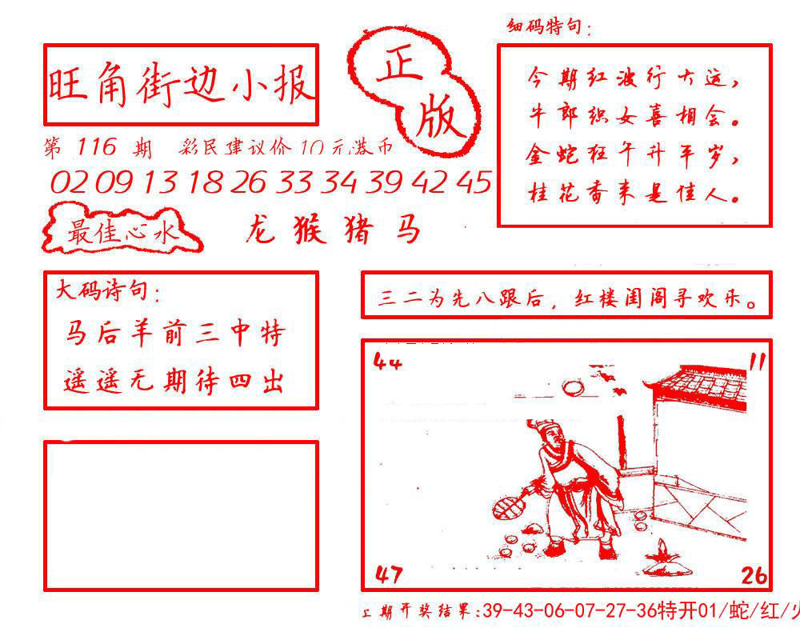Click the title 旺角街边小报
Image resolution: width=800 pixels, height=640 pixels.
[x=181, y=85]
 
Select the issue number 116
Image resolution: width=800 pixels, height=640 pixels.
[x=98, y=147]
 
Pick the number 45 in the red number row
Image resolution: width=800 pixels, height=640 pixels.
[x=476, y=182]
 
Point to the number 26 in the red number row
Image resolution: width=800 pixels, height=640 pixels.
[x=247, y=183]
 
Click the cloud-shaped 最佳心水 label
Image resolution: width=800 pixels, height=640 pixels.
[x=120, y=233]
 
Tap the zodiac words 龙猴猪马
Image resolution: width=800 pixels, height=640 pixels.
[x=332, y=230]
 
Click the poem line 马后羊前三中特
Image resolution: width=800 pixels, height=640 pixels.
[x=174, y=334]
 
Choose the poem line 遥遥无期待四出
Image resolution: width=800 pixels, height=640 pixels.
[x=174, y=382]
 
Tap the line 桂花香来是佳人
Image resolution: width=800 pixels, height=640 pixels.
[x=632, y=193]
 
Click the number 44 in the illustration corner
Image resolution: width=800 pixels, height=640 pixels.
[x=387, y=362]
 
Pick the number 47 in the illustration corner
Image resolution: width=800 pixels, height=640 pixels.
[x=388, y=573]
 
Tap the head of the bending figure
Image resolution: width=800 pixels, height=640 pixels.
[x=549, y=435]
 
